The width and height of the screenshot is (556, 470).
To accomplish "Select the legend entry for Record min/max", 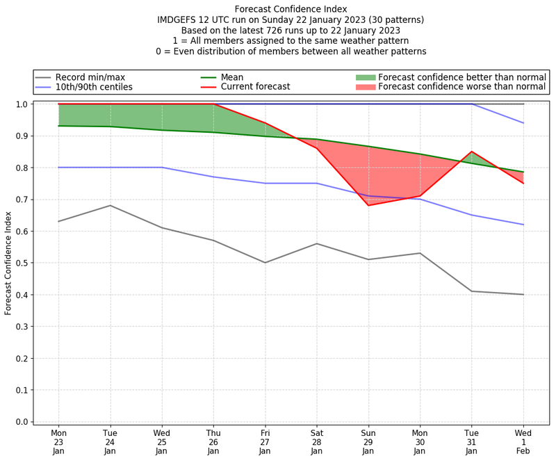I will tap(90, 77).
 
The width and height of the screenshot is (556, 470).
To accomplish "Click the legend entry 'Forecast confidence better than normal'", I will tap(462, 77).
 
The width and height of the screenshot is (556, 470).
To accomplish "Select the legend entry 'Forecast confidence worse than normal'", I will tap(462, 87).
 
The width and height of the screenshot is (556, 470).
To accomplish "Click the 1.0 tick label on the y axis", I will tap(22, 104).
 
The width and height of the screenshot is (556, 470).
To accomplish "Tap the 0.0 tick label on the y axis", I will tap(22, 422).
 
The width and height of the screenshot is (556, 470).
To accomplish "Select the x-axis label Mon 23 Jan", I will tap(58, 441).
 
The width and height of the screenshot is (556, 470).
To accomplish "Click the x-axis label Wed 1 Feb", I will tap(523, 441).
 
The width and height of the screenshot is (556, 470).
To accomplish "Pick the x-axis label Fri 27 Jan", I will tap(265, 441).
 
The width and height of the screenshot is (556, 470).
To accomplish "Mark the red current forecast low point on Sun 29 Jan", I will tap(368, 205).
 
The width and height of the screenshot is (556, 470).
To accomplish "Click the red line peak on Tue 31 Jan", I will tap(472, 152).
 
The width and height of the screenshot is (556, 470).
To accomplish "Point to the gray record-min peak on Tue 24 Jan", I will tap(110, 205).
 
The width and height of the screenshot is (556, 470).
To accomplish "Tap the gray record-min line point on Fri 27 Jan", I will tap(265, 262).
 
